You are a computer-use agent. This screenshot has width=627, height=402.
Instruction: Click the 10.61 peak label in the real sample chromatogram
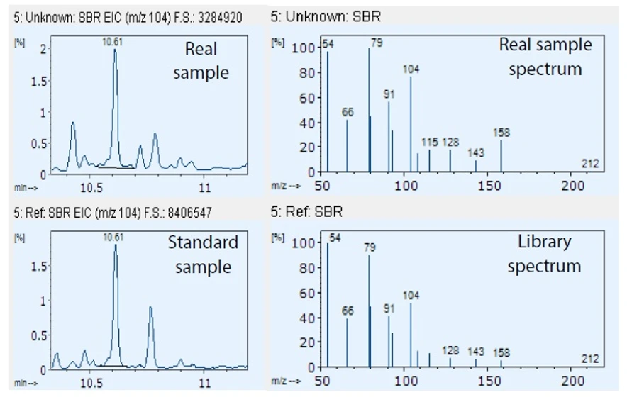[113, 42]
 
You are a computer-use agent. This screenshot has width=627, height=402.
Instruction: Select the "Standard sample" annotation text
[203, 255]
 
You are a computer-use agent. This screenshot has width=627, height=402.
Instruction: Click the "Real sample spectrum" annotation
[545, 57]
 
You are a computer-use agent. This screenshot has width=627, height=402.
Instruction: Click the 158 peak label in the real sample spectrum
[501, 133]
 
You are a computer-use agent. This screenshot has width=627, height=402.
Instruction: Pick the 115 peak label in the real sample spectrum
[430, 142]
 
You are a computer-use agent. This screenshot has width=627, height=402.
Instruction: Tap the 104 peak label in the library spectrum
[411, 295]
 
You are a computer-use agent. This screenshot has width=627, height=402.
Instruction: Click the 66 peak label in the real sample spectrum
[347, 112]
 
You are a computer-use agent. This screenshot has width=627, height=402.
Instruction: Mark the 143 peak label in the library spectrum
[476, 351]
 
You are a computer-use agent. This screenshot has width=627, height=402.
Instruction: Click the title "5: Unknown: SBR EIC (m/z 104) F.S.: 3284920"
[128, 16]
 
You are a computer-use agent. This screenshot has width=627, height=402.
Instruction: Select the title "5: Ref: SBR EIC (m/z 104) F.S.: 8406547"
[112, 211]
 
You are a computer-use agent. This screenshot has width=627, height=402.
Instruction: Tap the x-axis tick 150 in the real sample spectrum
[489, 186]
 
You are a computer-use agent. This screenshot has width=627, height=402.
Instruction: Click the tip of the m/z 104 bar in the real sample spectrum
[411, 77]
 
